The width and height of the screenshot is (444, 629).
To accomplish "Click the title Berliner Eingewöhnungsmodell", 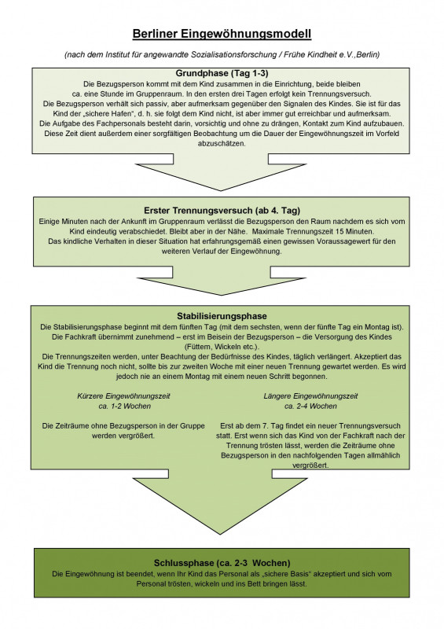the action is [x=222, y=34].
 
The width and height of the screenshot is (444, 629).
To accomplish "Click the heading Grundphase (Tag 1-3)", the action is [x=222, y=73].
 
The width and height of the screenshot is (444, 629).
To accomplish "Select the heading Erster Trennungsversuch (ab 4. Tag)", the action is [x=222, y=211].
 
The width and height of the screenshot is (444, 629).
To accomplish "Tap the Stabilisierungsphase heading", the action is [x=222, y=316].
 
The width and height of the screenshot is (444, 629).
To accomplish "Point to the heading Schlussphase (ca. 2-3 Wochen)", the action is [x=222, y=563].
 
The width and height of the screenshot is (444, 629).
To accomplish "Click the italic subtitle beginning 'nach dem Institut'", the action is [x=222, y=54].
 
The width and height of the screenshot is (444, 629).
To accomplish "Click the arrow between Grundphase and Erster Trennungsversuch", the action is [x=221, y=172].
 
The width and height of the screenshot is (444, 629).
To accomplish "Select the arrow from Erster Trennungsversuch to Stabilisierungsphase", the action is [x=222, y=281].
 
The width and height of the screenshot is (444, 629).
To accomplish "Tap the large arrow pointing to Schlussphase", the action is [x=221, y=502].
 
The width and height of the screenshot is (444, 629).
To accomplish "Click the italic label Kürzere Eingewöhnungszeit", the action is [x=123, y=396].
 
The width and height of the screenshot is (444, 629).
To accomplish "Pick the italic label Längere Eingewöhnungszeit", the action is [x=310, y=396].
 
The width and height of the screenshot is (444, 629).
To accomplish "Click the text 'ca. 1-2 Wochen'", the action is [x=125, y=406].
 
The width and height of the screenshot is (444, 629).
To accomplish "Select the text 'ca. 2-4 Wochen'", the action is [x=310, y=406].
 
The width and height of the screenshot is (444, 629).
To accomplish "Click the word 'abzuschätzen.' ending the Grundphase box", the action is [x=222, y=144].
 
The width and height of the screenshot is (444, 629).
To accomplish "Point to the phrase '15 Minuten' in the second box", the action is [x=354, y=231].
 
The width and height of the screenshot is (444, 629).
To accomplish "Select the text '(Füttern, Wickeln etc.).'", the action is [x=222, y=347].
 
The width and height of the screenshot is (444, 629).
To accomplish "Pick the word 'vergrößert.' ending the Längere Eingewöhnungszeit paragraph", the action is [x=310, y=465].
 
